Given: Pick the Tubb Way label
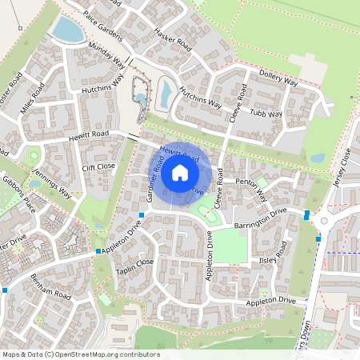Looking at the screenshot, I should click(265, 114).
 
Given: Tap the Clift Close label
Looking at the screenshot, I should click(99, 166).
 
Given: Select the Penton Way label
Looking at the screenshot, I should click(255, 182).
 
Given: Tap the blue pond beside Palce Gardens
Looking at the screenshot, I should click(66, 30).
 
